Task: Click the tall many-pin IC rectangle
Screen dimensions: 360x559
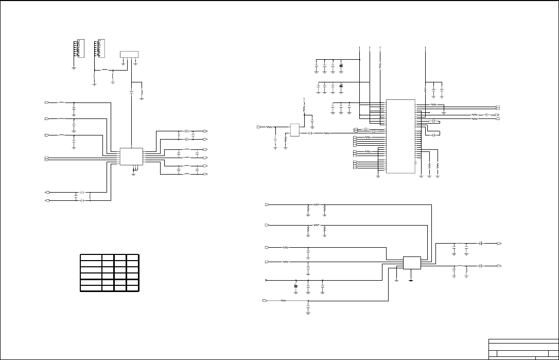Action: (400, 136)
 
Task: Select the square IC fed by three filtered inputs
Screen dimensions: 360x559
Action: (131, 157)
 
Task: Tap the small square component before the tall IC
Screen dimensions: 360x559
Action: (295, 130)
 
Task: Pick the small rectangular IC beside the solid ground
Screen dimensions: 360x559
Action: (412, 263)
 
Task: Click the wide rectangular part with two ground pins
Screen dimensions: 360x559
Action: (129, 54)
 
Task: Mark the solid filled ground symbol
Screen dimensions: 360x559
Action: (411, 280)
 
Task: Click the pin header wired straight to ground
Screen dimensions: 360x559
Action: (78, 48)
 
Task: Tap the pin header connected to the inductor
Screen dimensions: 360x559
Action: (100, 48)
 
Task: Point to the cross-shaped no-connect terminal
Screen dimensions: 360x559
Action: (266, 280)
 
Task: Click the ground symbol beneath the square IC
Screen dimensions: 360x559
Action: (134, 173)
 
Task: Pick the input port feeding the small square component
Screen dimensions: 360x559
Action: (258, 126)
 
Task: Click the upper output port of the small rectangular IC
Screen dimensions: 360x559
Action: (500, 243)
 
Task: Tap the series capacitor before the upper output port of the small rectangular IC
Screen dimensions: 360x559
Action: (480, 243)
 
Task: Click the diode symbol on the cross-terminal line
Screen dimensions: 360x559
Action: (296, 285)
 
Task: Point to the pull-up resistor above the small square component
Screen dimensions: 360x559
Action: (304, 109)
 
